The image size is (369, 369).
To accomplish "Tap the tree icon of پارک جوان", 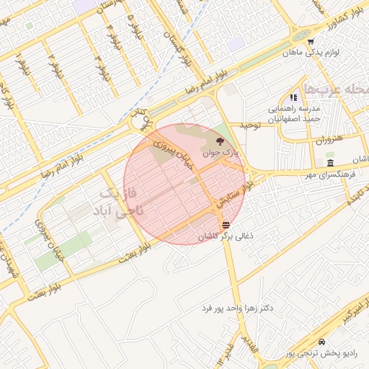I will [x=219, y=141].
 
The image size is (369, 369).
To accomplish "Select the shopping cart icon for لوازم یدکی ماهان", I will [x=311, y=41].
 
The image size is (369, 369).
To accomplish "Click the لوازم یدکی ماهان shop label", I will [x=311, y=53].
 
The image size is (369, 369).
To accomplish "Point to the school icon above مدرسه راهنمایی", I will [x=293, y=97].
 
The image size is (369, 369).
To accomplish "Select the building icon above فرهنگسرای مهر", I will [x=330, y=164].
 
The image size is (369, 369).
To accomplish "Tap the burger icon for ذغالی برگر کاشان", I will [x=226, y=225].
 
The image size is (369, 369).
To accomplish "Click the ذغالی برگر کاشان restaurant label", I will [x=226, y=236].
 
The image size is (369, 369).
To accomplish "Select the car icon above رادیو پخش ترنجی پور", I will [x=321, y=342].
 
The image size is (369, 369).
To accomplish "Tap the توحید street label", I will [x=249, y=125].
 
